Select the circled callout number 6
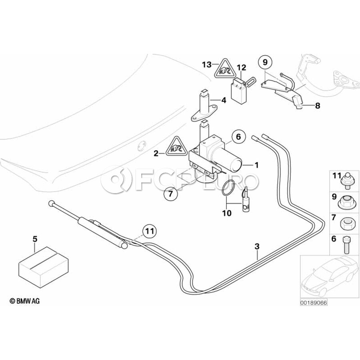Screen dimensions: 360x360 tap(238, 137)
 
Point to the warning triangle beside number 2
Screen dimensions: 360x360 tap(176, 146)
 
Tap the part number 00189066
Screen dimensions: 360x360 tap(314, 303)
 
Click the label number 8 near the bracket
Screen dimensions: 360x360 tap(318, 106)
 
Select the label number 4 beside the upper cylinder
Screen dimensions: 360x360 tap(224, 100)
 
